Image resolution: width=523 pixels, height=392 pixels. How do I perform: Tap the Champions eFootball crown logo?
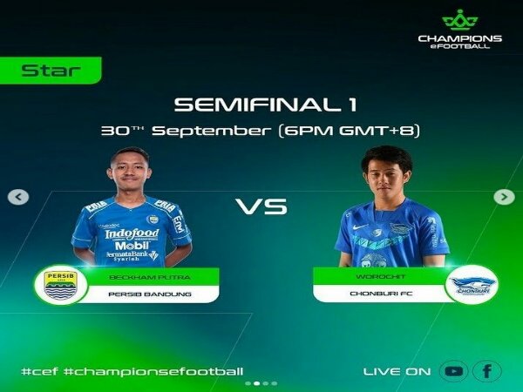click(459, 19)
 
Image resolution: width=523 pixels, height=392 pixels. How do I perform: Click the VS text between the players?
click(261, 208)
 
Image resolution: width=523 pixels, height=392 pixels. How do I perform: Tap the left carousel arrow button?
click(17, 197)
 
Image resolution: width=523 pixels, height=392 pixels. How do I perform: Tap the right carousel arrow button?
click(504, 197)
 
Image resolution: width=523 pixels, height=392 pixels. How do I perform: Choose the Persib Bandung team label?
click(149, 294)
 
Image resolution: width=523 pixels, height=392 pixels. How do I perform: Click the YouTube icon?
click(453, 371)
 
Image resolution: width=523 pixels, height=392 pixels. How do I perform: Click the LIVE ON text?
click(397, 372)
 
